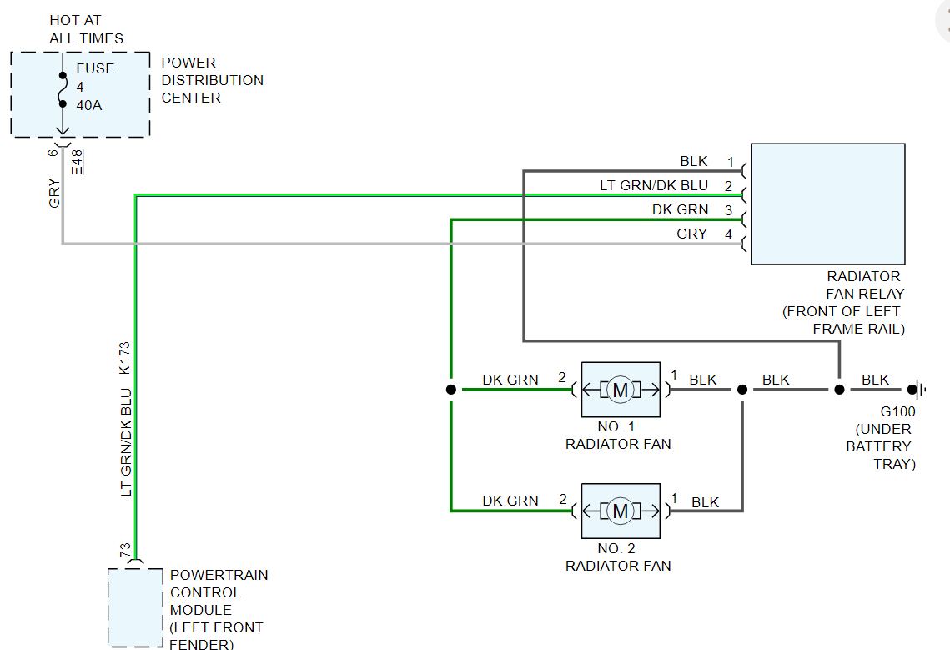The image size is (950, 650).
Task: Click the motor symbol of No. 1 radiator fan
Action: point(621,390)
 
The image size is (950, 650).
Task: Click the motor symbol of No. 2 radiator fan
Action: point(621,511)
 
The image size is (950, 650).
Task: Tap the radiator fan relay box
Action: point(827,204)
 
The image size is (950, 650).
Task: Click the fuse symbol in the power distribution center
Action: point(62,89)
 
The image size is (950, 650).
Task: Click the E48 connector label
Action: point(78,161)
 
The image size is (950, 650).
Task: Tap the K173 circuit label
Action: point(126,358)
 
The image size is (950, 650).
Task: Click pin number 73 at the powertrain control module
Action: point(125,552)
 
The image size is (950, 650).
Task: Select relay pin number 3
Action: point(728,210)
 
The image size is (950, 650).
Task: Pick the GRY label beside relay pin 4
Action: point(691,234)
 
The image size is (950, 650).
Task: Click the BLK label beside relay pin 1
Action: point(693,162)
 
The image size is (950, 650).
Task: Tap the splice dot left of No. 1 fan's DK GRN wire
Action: point(450,390)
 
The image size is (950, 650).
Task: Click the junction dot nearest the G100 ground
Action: point(839,390)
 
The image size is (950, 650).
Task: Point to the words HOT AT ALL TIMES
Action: point(86,29)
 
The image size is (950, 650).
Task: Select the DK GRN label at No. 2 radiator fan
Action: point(510,501)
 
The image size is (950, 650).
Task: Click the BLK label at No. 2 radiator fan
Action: point(705,502)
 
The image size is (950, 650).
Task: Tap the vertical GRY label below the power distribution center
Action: point(55,194)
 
